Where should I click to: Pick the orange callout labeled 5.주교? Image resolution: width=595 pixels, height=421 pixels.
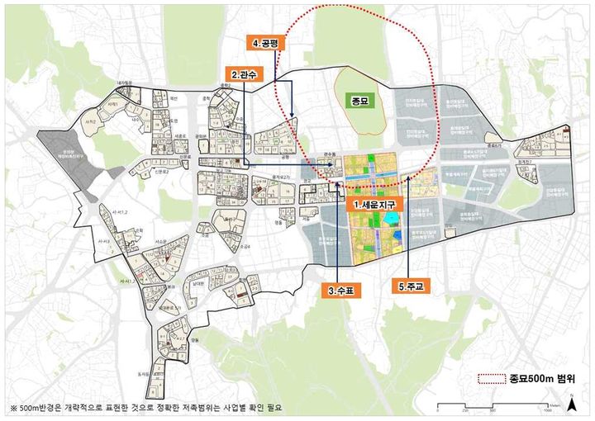point(411,286)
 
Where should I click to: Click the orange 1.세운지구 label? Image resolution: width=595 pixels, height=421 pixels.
point(376,203)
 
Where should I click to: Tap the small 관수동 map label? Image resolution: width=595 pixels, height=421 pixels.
point(331,154)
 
